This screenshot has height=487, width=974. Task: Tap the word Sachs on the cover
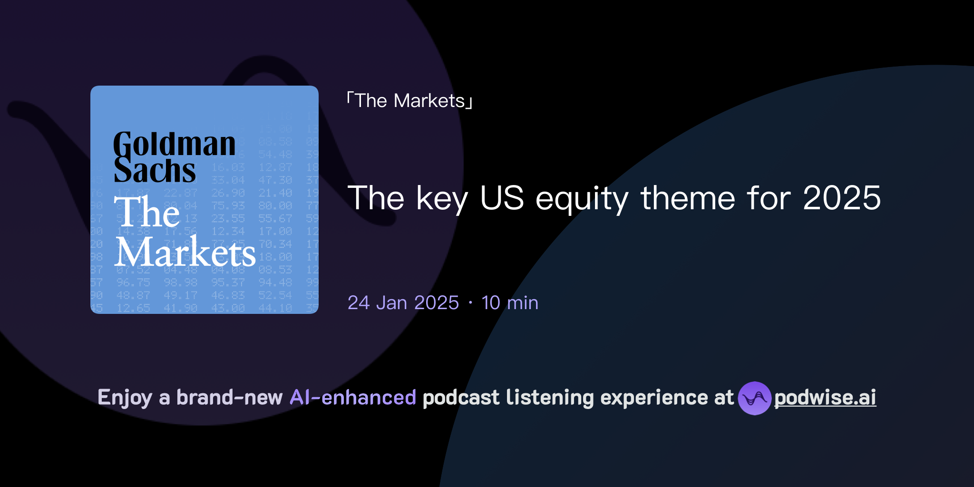(x=155, y=171)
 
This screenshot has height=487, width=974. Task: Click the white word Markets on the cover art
(x=185, y=253)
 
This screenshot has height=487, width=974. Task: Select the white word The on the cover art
(x=147, y=212)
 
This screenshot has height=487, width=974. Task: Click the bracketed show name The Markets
(x=409, y=101)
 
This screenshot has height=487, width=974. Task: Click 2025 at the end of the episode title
(x=841, y=198)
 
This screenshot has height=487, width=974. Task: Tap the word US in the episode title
(x=502, y=198)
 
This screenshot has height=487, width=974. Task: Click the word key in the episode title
(x=442, y=198)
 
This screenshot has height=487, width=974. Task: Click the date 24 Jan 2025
(x=403, y=303)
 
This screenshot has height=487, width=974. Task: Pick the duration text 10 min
(x=509, y=303)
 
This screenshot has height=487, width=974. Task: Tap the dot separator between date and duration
(x=470, y=303)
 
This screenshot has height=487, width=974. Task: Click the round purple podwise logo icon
(x=754, y=398)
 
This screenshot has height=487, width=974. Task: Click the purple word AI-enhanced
(x=353, y=398)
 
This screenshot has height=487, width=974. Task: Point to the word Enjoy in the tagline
(x=125, y=398)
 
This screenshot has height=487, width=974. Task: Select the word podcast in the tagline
(x=461, y=398)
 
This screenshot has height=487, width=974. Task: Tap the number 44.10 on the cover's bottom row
(x=275, y=308)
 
